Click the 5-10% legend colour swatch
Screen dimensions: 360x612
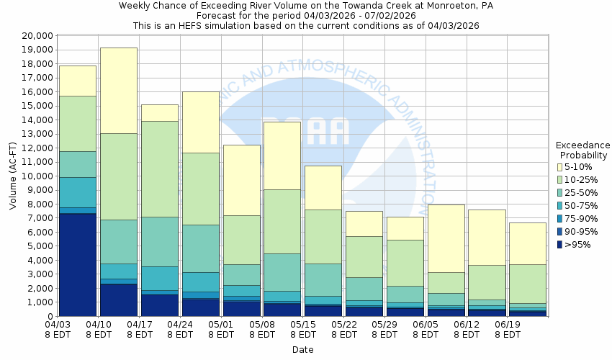[x=559, y=167]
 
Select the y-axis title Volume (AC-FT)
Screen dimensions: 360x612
[x=13, y=176]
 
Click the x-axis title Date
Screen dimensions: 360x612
[x=302, y=350]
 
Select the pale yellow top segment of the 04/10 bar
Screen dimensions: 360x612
[x=119, y=90]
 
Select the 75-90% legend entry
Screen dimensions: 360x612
[x=577, y=219]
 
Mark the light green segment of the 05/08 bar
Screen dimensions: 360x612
[x=283, y=221]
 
